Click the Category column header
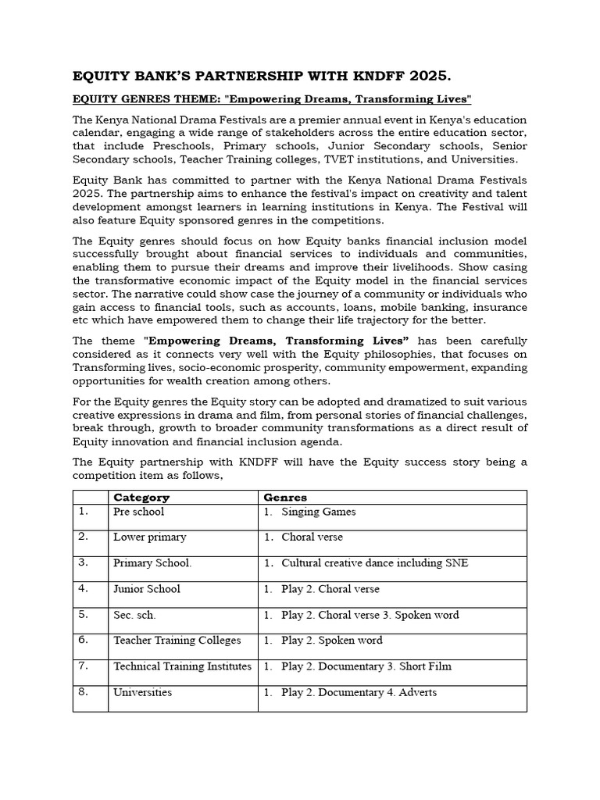tap(141, 497)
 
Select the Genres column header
tap(285, 497)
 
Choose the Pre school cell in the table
tap(138, 512)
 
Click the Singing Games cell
tap(318, 512)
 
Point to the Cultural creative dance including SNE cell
tap(374, 563)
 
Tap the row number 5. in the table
tap(84, 614)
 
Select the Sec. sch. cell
tap(134, 615)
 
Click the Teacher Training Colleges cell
tap(177, 641)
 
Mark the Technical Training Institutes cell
tap(182, 666)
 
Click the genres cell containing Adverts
tap(359, 692)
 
